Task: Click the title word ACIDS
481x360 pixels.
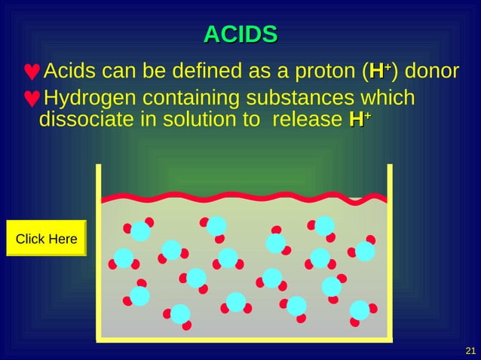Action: [240, 34]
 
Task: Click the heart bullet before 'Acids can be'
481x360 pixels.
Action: [32, 73]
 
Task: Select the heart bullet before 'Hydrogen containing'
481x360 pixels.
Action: [32, 99]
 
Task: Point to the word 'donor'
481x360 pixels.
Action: [432, 72]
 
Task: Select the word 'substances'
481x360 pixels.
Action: [300, 99]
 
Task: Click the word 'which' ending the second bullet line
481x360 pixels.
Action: [388, 99]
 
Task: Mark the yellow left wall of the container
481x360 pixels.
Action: [98, 249]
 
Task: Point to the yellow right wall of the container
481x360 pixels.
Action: [390, 249]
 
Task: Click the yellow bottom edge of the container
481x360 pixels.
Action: [244, 340]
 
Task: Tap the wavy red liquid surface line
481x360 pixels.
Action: [244, 198]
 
